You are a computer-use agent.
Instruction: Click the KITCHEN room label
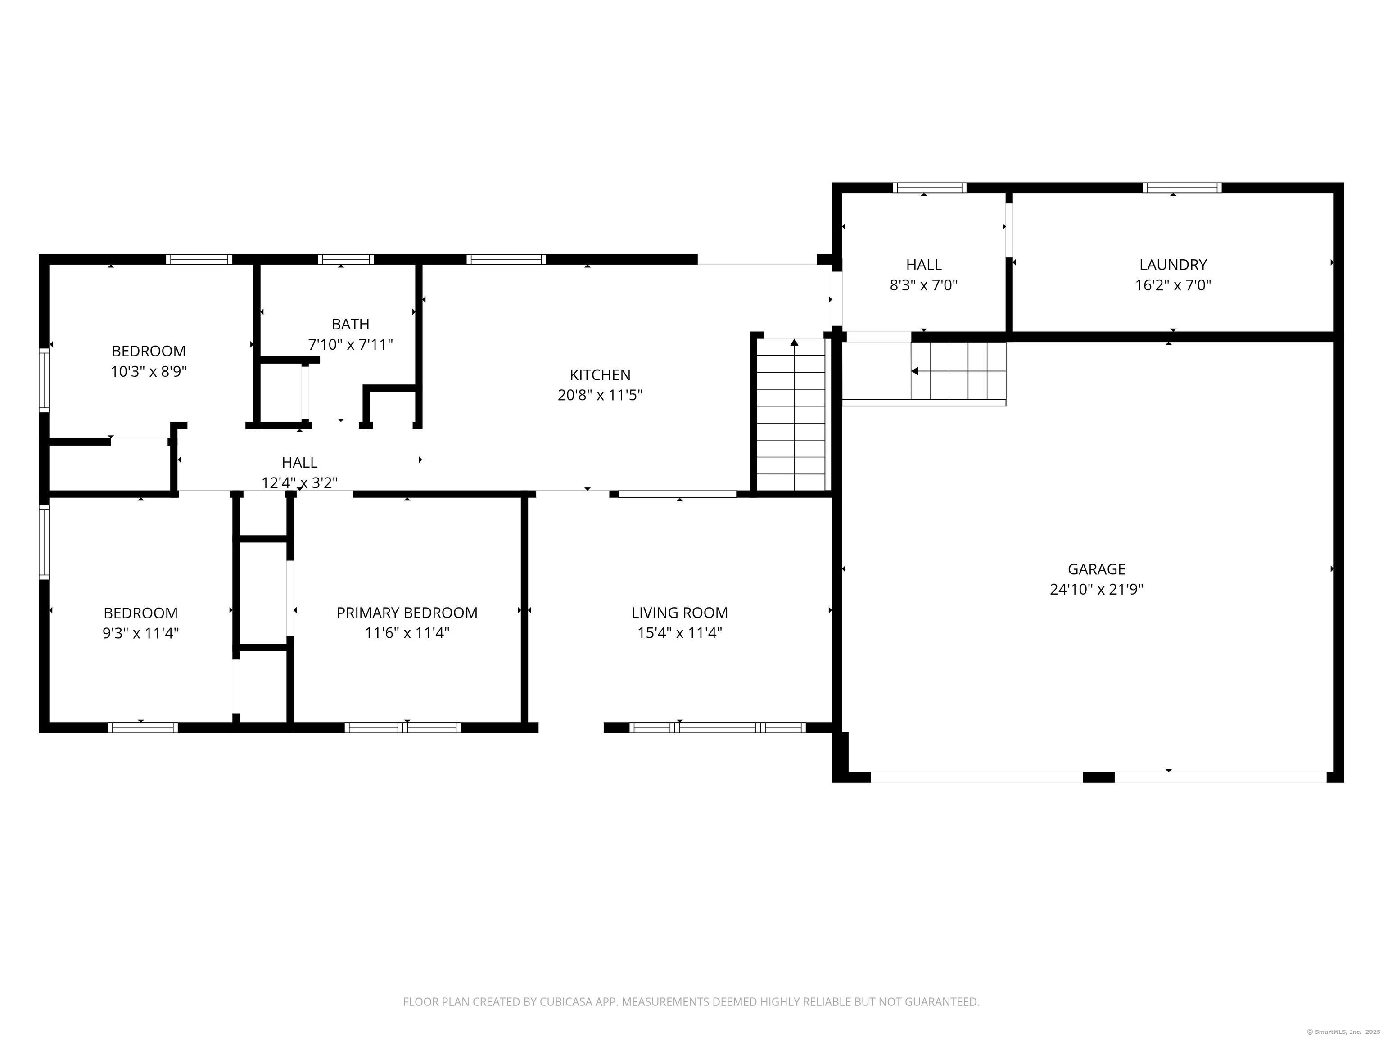coord(600,375)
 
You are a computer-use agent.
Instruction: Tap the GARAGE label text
coord(1097,569)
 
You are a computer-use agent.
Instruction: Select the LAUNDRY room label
coord(1173,264)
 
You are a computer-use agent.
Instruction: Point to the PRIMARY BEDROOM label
coord(407,613)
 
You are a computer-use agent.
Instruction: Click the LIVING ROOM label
coord(680,613)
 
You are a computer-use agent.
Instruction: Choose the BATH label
coord(350,324)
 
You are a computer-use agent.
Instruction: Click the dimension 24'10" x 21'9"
coord(1097,589)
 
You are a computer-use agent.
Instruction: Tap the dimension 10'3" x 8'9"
coord(149,371)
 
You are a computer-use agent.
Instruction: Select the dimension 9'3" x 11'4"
coord(140,632)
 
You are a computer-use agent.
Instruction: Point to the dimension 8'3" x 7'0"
coord(924,285)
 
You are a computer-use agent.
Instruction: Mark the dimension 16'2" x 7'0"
coord(1173,285)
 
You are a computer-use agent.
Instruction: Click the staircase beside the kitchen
coord(791,415)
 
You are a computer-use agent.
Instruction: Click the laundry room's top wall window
coord(1182,188)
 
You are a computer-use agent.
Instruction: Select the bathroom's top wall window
coord(346,259)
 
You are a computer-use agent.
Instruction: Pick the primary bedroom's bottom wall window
coord(402,728)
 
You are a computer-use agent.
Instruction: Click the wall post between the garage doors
coord(1098,777)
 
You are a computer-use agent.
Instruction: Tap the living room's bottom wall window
coord(717,728)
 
